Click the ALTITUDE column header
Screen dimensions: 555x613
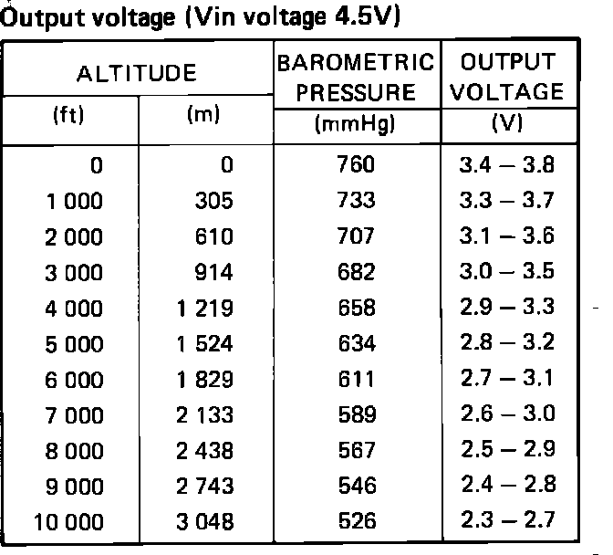(x=137, y=73)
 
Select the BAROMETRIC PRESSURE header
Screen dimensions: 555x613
(x=357, y=78)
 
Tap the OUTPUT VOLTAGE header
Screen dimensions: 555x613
(x=507, y=78)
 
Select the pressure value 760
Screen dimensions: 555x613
(x=356, y=165)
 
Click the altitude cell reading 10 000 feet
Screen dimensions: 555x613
(x=68, y=523)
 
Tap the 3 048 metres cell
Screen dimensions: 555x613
(x=208, y=523)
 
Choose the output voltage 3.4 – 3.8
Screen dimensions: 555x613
(x=507, y=165)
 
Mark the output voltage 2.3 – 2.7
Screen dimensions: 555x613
(x=507, y=523)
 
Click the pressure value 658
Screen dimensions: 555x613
(x=356, y=309)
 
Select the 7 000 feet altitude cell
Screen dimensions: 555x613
(x=74, y=415)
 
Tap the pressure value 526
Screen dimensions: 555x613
(x=356, y=523)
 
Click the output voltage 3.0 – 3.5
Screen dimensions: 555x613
(x=507, y=272)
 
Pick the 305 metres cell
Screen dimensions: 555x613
(x=214, y=201)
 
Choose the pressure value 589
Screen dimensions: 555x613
(x=356, y=415)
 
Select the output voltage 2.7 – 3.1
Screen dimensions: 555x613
(x=507, y=380)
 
